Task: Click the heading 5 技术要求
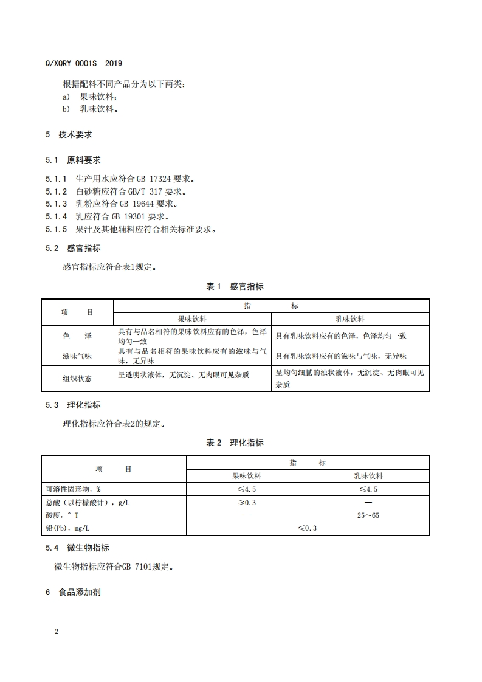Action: [69, 134]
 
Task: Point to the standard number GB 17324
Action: [145, 179]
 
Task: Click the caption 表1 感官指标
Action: [235, 286]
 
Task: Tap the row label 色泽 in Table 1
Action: [77, 336]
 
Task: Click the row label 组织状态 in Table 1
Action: [77, 378]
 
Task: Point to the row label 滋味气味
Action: [77, 356]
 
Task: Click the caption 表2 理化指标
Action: [235, 443]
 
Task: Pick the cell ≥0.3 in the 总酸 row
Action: [247, 503]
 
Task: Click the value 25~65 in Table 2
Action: [368, 515]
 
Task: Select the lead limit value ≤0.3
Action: [308, 528]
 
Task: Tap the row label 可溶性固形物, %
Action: [74, 489]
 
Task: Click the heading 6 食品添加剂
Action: [73, 592]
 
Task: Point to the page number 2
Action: [57, 632]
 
